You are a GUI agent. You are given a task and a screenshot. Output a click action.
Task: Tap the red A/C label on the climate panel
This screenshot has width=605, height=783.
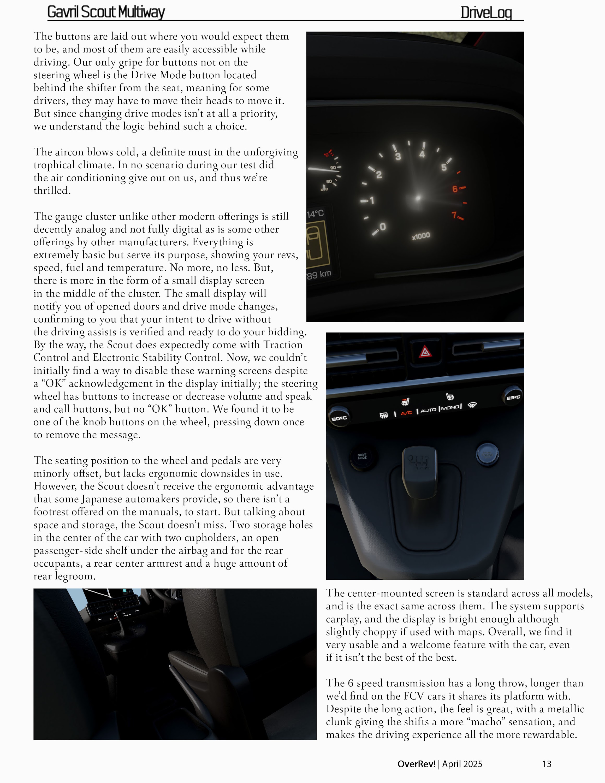(x=406, y=413)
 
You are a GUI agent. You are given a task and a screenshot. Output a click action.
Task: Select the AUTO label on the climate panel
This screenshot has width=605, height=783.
(x=428, y=410)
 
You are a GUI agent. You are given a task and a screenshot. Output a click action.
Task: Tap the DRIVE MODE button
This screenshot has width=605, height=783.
(x=362, y=457)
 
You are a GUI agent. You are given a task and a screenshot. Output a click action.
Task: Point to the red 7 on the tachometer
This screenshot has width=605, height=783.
(x=454, y=215)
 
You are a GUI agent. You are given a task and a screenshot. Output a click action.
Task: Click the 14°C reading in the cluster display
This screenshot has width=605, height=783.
(x=315, y=214)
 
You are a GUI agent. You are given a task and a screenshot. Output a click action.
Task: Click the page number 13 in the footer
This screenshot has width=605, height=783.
(x=547, y=764)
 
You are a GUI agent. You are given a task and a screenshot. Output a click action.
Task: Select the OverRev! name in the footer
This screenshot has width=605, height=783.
(x=416, y=764)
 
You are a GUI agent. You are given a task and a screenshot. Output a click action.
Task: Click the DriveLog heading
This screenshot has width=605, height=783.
(x=486, y=13)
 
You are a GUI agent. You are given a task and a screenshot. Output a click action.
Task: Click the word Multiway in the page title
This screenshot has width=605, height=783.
(x=141, y=12)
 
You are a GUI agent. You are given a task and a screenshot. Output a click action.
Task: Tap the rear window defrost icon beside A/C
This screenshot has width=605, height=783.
(x=383, y=416)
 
